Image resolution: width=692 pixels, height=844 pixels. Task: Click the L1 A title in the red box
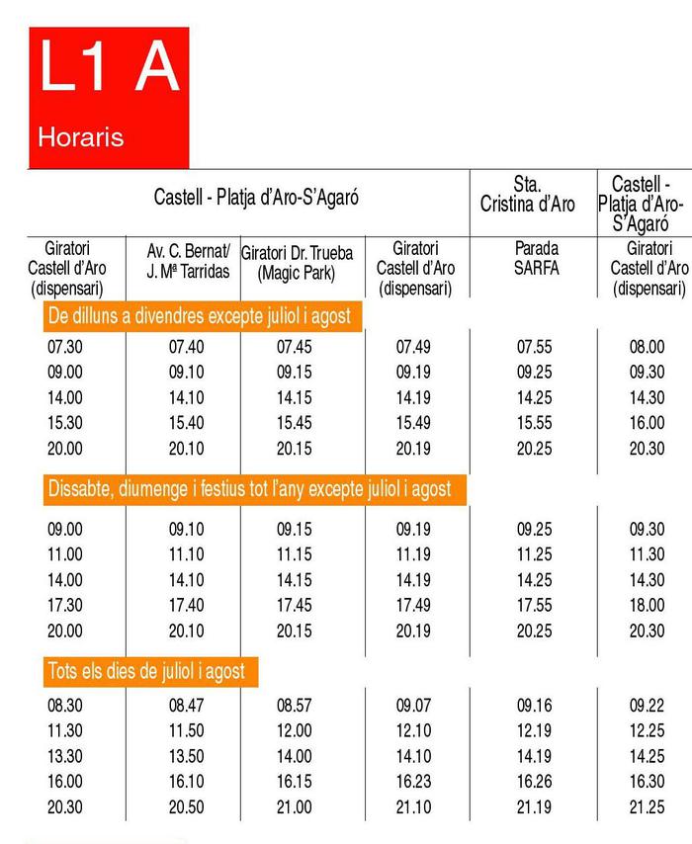pyautogui.click(x=109, y=69)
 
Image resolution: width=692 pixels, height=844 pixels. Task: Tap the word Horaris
pyautogui.click(x=81, y=136)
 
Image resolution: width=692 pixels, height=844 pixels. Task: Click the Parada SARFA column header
pyautogui.click(x=535, y=258)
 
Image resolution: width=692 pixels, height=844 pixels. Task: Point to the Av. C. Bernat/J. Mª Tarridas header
pyautogui.click(x=187, y=258)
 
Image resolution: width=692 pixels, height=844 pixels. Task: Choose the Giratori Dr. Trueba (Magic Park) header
pyautogui.click(x=297, y=260)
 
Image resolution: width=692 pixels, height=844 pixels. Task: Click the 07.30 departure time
pyautogui.click(x=64, y=347)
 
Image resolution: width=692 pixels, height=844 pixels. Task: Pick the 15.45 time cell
pyautogui.click(x=295, y=423)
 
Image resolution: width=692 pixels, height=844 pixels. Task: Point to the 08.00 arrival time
pyautogui.click(x=648, y=347)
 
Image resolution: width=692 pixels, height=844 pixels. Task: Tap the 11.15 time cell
pyautogui.click(x=295, y=554)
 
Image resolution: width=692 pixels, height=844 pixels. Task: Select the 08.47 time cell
pyautogui.click(x=187, y=705)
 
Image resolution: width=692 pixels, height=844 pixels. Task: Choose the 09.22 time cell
pyautogui.click(x=648, y=705)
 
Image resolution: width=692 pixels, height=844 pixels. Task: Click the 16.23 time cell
pyautogui.click(x=411, y=782)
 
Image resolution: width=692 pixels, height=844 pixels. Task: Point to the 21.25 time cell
pyautogui.click(x=648, y=807)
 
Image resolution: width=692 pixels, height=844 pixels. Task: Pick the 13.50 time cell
pyautogui.click(x=187, y=756)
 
